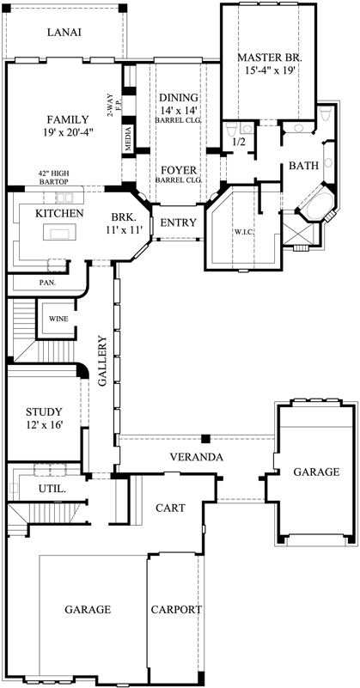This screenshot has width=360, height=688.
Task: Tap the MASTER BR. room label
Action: pos(271,58)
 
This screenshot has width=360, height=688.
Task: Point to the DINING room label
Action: pos(178,98)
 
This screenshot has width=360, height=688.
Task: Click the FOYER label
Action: pos(178,170)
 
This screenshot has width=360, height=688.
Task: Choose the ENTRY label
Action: pos(178,223)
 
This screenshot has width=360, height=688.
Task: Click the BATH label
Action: pos(303,165)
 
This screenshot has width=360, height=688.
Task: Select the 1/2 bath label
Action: pos(241,142)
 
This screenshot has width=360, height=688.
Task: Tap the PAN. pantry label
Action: pos(48,282)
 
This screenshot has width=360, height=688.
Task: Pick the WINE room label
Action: pos(58,319)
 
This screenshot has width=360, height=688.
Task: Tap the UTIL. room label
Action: pos(53,488)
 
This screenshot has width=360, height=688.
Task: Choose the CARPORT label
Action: pos(175,610)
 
